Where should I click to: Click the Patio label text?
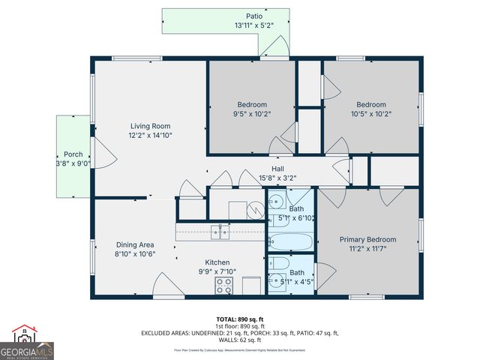click(254, 16)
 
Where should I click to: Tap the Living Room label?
click(150, 126)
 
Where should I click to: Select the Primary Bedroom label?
click(367, 240)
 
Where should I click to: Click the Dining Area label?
click(135, 244)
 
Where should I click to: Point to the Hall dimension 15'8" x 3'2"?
click(277, 178)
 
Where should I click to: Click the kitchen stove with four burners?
click(224, 285)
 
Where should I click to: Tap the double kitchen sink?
click(220, 232)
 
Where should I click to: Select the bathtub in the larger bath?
click(290, 242)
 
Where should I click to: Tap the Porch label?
click(73, 154)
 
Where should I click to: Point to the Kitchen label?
click(217, 262)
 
